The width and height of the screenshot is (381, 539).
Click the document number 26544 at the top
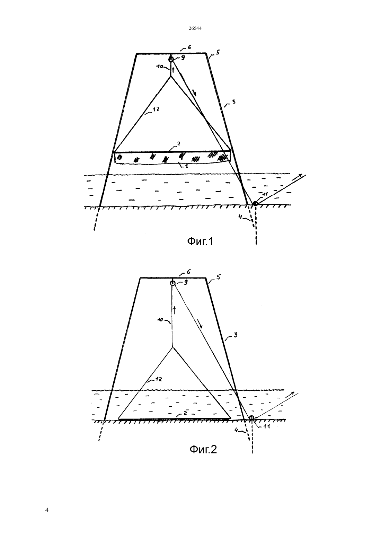click(x=195, y=28)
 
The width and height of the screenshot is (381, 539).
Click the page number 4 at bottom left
click(x=47, y=510)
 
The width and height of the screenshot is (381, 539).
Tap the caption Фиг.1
click(x=200, y=241)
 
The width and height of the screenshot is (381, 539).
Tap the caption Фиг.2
click(x=203, y=449)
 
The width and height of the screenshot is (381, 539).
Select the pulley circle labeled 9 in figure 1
click(x=171, y=59)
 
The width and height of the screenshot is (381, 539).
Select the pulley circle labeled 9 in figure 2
click(x=172, y=283)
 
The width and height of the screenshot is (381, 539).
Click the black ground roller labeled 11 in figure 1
click(x=255, y=204)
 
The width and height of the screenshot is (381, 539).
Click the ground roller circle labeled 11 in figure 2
click(x=251, y=418)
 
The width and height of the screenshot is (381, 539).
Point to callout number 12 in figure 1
click(x=156, y=109)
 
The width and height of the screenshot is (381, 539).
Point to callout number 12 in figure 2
click(x=158, y=379)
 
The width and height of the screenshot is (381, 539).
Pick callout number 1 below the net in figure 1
click(x=186, y=166)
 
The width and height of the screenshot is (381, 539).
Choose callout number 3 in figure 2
click(x=236, y=335)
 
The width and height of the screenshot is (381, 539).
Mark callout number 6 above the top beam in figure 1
click(x=189, y=47)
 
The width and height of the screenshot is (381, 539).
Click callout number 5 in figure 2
click(x=218, y=277)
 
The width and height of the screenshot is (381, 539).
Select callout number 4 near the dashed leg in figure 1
click(x=240, y=217)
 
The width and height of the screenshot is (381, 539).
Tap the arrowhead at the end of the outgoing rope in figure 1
click(x=300, y=176)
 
